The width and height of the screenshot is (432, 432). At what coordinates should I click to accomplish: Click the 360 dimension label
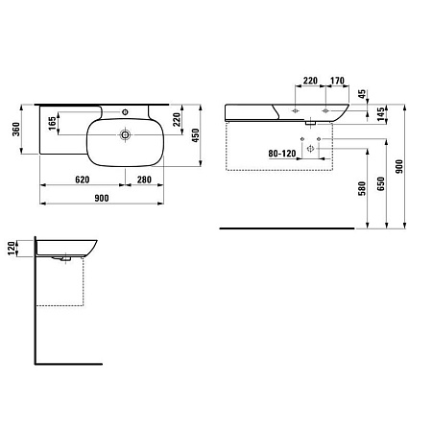[x=16, y=129]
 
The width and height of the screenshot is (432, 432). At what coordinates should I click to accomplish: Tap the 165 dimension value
[x=52, y=124]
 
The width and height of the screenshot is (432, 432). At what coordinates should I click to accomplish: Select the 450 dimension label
[x=195, y=135]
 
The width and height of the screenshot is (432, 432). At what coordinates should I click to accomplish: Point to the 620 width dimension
[x=83, y=180]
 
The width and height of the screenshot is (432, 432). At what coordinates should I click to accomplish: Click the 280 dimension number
[x=144, y=180]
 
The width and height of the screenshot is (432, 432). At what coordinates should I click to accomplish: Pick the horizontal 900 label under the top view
[x=102, y=199]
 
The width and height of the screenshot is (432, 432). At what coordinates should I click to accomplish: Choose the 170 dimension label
[x=337, y=81]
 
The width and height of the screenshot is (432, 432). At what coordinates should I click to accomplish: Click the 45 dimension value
[x=362, y=94]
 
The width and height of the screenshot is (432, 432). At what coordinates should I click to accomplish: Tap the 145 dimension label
[x=380, y=114]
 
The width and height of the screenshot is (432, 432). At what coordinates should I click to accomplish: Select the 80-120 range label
[x=282, y=154]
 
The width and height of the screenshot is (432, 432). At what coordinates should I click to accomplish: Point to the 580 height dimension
[x=362, y=188]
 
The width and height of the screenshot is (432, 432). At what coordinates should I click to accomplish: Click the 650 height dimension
[x=381, y=184]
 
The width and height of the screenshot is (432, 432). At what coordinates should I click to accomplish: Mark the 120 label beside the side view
[x=12, y=249]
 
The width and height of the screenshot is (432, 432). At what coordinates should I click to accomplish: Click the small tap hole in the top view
[x=125, y=112]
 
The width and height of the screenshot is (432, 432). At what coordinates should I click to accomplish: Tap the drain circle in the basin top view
[x=125, y=134]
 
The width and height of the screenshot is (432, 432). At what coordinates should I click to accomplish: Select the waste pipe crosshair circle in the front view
[x=310, y=149]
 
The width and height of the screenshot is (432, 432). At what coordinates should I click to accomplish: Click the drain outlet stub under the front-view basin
[x=310, y=122]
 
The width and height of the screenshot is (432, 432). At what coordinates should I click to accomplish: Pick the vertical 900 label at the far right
[x=399, y=167]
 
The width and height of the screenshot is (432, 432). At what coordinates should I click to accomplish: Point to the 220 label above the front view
[x=310, y=81]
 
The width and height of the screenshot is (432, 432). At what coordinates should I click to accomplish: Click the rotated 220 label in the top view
[x=177, y=119]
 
